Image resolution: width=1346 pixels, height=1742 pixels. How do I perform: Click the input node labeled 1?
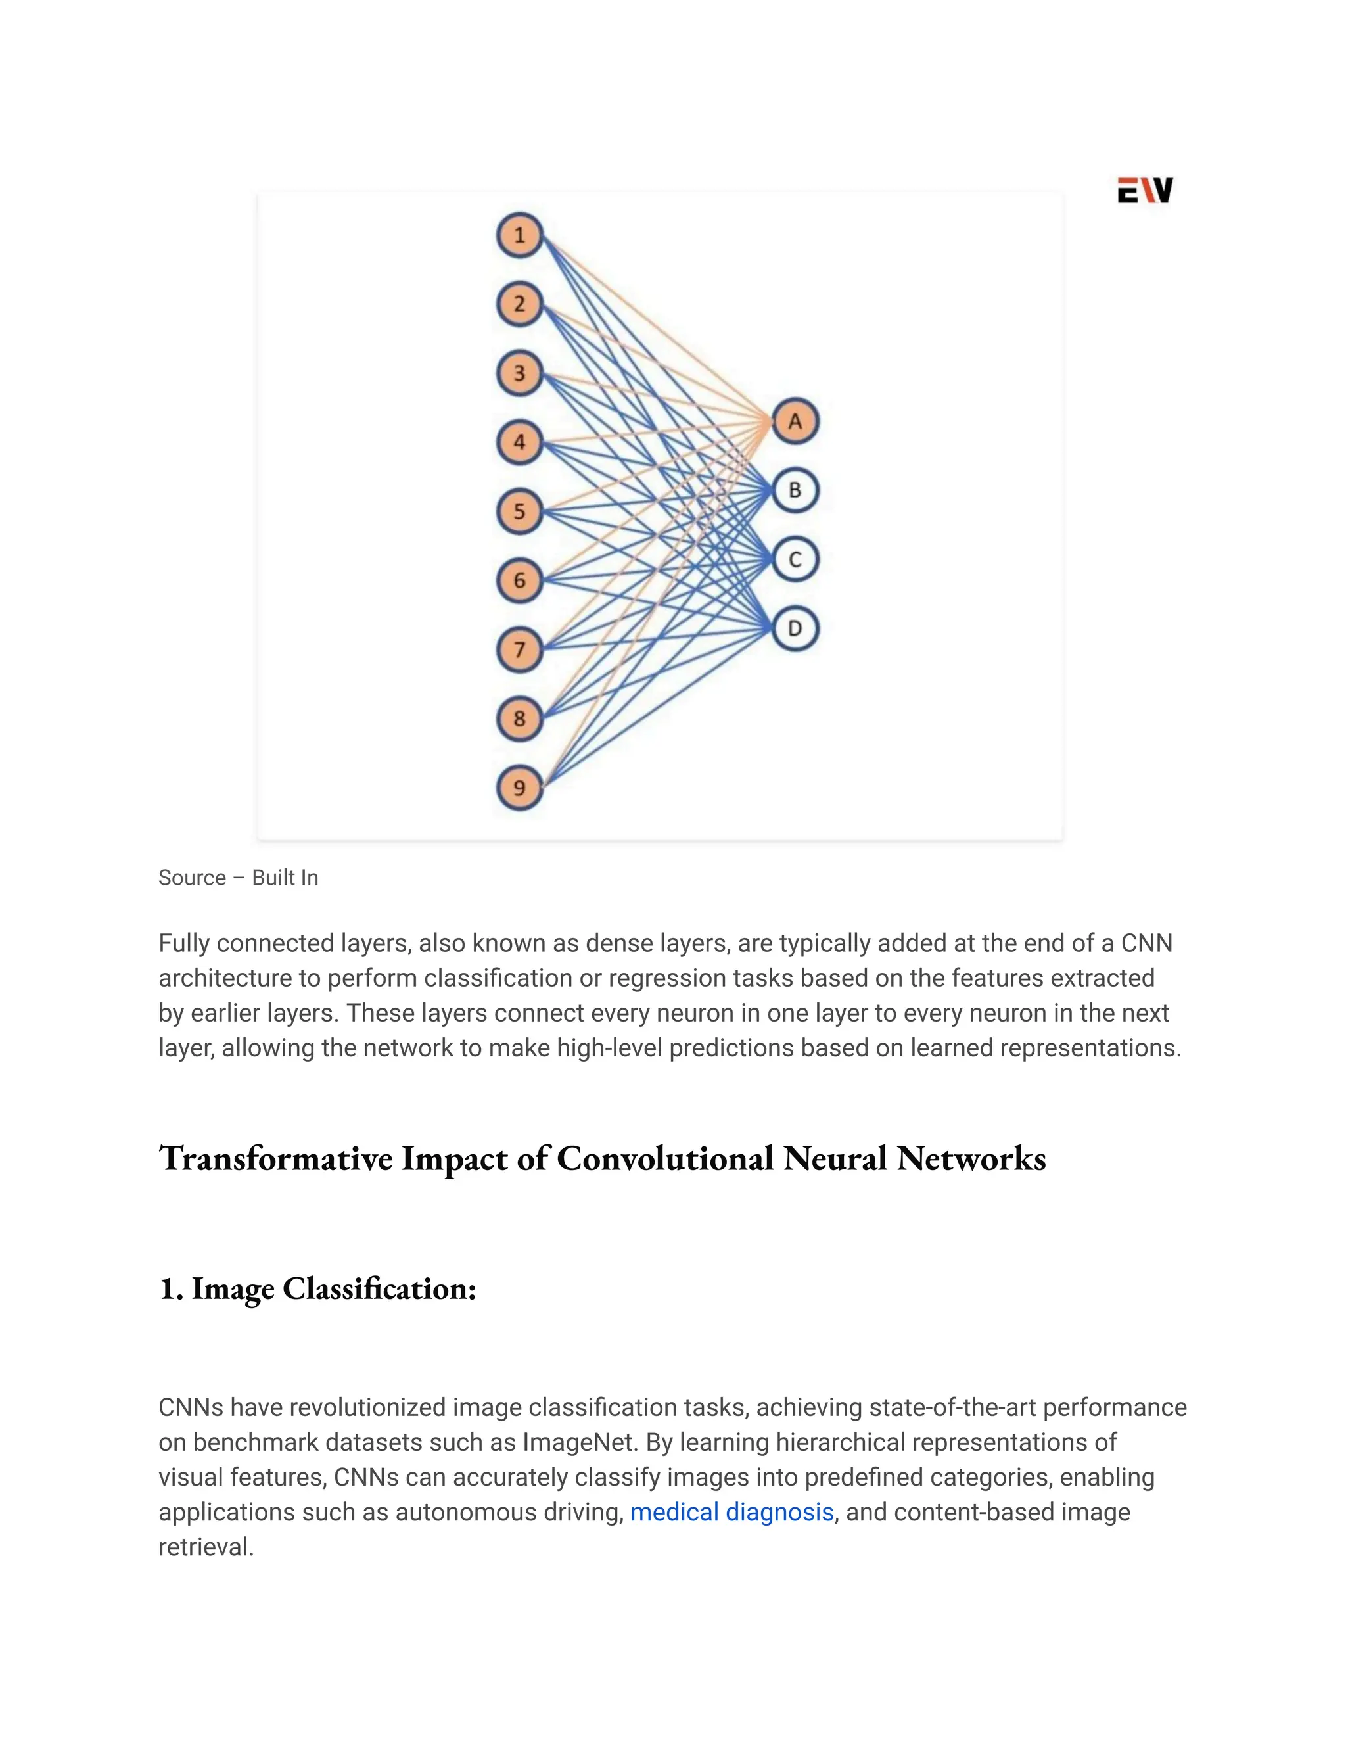[519, 235]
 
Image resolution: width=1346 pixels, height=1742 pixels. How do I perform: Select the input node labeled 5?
[519, 511]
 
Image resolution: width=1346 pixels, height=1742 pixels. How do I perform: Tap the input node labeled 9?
[519, 788]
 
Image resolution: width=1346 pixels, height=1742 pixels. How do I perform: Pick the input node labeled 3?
[519, 373]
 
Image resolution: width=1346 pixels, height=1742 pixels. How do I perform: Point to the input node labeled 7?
[519, 649]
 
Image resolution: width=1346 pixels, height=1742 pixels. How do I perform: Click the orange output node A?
[795, 421]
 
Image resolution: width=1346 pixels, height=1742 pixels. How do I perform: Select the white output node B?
[795, 490]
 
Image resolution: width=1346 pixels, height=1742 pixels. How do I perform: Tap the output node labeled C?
[795, 559]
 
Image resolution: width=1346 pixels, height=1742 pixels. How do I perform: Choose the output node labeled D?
[795, 628]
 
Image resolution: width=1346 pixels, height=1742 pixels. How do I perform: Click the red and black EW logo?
[1144, 191]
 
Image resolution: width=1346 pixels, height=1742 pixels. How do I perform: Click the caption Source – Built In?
[238, 878]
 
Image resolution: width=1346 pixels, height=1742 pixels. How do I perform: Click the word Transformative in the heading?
[276, 1158]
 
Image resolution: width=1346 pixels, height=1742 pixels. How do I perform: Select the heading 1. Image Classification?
[317, 1288]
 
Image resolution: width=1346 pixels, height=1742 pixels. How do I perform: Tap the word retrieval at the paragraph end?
[205, 1547]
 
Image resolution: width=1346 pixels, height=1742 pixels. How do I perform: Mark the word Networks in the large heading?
[971, 1158]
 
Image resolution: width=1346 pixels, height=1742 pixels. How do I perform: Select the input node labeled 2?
[519, 304]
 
